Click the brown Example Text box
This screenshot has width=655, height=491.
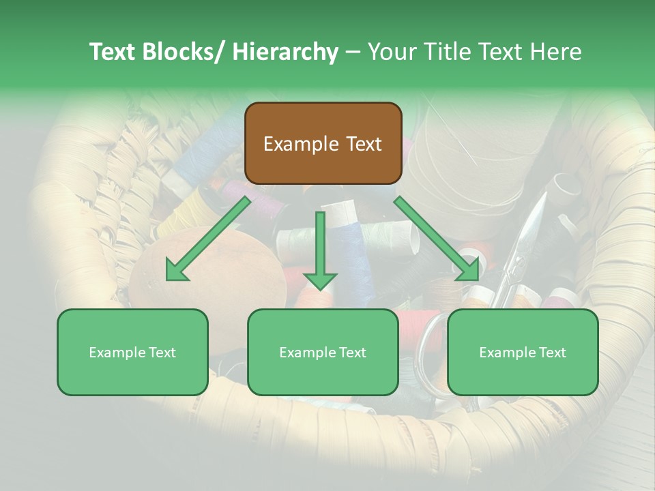(323, 143)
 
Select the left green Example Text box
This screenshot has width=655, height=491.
(132, 352)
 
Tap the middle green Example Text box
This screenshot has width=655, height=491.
(323, 352)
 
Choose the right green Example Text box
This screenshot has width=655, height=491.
(523, 352)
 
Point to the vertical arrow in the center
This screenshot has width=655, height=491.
(320, 250)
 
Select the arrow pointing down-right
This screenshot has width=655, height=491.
(437, 239)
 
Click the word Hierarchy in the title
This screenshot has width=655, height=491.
(285, 52)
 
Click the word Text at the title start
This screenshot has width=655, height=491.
(113, 52)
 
